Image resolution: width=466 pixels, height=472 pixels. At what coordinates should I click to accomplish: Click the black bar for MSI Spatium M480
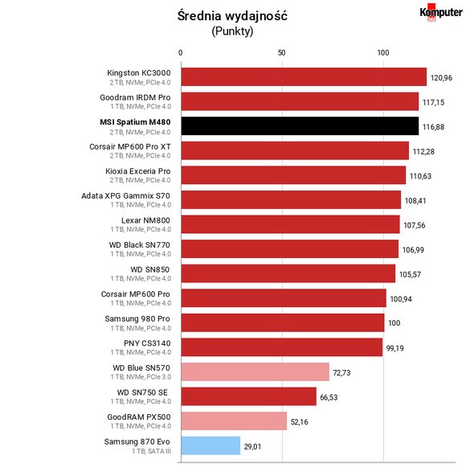tap(300, 126)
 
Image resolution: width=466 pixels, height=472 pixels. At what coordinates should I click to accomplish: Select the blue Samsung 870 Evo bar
tap(211, 445)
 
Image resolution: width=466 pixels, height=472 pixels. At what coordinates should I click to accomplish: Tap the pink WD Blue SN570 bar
tap(255, 371)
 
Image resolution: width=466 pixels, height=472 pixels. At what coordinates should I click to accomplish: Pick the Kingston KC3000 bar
tap(304, 76)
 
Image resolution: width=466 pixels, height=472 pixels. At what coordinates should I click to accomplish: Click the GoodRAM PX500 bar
tap(234, 421)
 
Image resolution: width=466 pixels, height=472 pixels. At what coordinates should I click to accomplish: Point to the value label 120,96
tap(441, 78)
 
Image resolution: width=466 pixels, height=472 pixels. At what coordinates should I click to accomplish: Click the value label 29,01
tap(252, 446)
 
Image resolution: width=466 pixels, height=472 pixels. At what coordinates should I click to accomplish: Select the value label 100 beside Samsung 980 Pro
tap(394, 323)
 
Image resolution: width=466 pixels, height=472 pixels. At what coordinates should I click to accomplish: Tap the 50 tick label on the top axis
tap(281, 53)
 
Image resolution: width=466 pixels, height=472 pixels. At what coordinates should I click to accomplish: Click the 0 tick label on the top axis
tap(180, 53)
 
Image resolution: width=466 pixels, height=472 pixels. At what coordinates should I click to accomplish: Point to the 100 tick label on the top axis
tap(383, 53)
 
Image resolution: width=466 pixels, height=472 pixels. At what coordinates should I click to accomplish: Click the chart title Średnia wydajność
tap(232, 15)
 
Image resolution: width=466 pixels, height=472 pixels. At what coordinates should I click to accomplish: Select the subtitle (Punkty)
tap(232, 31)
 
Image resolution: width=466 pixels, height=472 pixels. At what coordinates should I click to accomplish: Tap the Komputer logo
tap(441, 13)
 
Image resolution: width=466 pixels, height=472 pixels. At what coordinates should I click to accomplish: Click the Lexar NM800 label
tap(145, 220)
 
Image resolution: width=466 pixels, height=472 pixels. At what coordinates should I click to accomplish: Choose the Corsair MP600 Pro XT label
tap(130, 146)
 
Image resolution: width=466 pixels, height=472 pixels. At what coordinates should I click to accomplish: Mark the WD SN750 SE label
tap(142, 392)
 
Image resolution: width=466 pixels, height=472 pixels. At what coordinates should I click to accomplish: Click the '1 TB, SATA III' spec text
tap(151, 451)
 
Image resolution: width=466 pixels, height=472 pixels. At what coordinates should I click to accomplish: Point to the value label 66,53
tap(329, 397)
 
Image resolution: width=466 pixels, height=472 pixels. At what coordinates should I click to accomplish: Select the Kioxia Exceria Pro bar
tap(293, 175)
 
